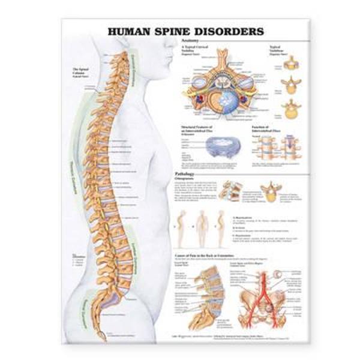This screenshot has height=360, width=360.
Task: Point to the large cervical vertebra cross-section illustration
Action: [x=227, y=87]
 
